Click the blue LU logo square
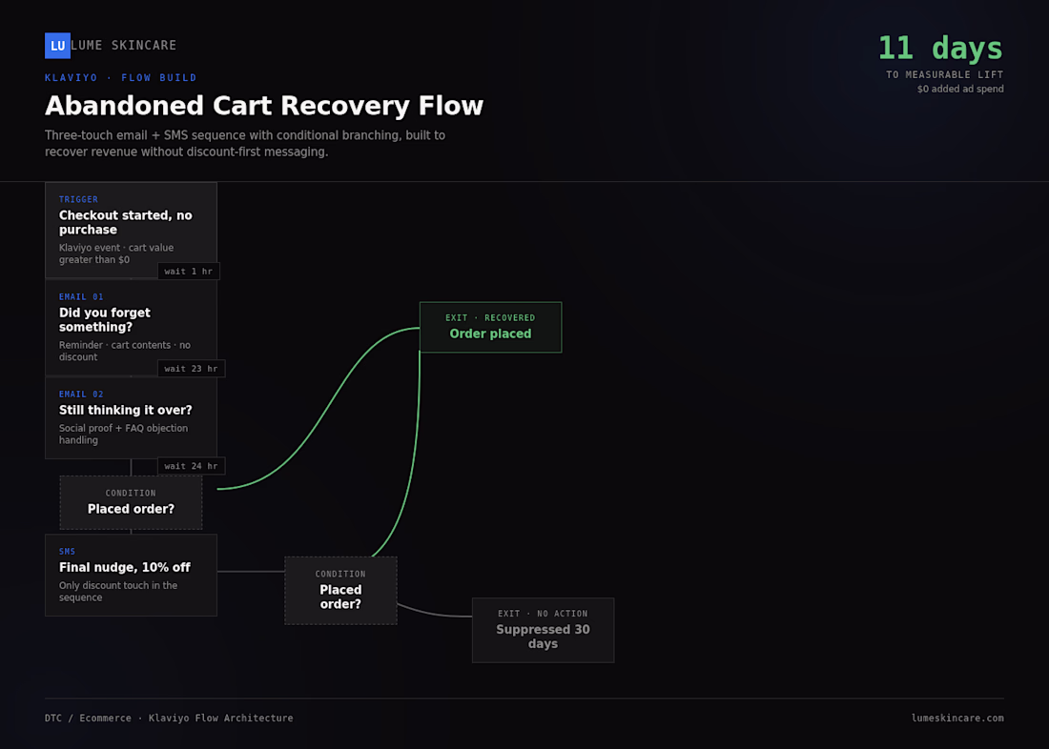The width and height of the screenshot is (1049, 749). tap(57, 46)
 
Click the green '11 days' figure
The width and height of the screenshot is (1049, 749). tap(940, 49)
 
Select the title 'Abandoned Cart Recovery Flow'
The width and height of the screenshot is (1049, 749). tap(263, 106)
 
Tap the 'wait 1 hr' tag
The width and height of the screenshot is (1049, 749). tap(189, 271)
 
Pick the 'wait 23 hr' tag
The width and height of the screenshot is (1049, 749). tap(192, 369)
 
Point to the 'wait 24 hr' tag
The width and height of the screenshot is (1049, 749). tap(192, 466)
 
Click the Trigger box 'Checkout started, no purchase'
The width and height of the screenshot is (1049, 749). tap(132, 230)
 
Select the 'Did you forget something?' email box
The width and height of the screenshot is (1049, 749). tap(132, 328)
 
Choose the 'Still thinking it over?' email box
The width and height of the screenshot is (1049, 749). tap(132, 418)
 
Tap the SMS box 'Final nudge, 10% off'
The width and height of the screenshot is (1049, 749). tap(132, 576)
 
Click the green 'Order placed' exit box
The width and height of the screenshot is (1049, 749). tap(490, 327)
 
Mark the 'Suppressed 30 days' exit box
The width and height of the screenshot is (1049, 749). tap(544, 630)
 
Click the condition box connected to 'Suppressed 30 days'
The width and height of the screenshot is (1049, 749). tap(340, 591)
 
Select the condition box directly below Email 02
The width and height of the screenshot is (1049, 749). tap(132, 503)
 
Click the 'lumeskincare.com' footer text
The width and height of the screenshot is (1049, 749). tap(957, 719)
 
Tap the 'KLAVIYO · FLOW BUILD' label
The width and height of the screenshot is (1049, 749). tap(121, 77)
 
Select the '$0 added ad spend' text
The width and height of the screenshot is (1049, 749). tap(960, 89)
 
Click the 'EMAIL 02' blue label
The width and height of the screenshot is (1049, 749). tap(81, 394)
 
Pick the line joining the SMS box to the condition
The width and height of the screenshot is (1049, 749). tap(251, 572)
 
